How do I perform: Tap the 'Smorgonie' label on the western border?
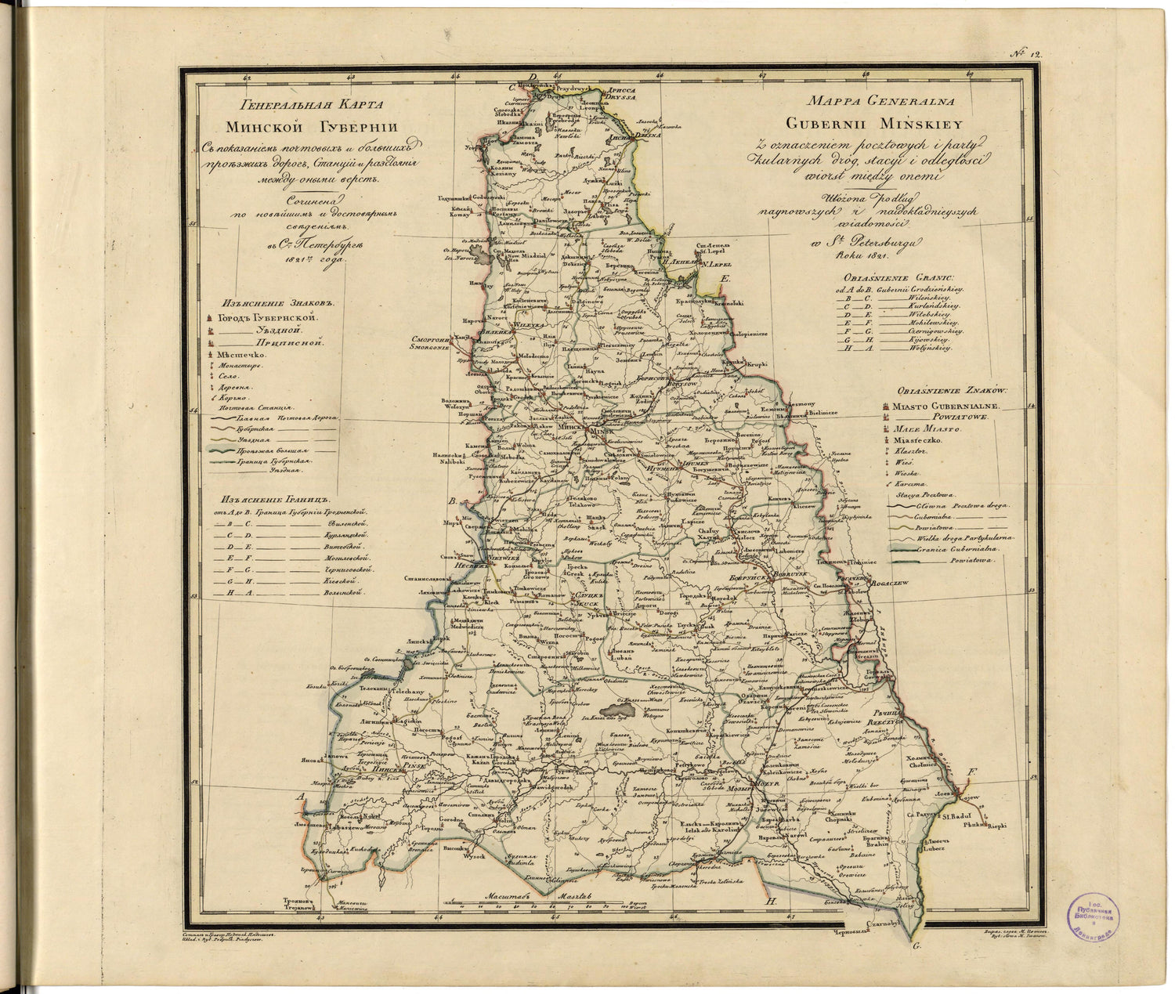(x=428, y=349)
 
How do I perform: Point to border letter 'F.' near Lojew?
(x=972, y=774)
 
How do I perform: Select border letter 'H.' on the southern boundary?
(x=770, y=902)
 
